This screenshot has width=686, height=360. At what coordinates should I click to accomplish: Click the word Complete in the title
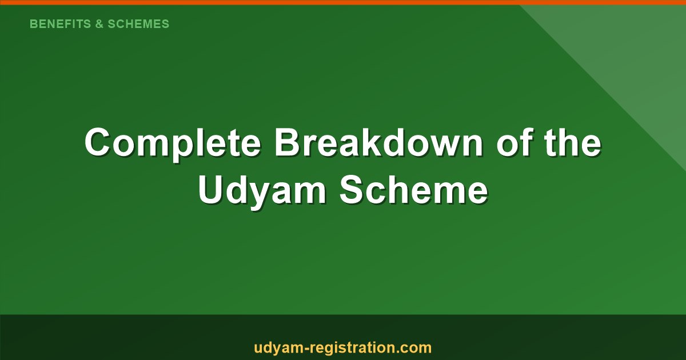pos(173,143)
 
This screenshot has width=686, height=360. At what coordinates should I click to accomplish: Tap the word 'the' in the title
pos(572,143)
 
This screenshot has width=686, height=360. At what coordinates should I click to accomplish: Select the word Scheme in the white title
pos(413,191)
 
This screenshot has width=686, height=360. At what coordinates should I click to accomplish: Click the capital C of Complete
pos(99,143)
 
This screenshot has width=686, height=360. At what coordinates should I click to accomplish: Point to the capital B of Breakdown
pos(288,143)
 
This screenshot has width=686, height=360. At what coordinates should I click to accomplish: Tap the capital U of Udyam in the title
pos(211,191)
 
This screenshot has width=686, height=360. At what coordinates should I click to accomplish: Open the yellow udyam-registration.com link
pos(342,347)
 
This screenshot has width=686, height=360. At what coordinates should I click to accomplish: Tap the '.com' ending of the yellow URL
pos(415,347)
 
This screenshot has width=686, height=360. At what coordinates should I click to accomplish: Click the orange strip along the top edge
pos(343,2)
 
